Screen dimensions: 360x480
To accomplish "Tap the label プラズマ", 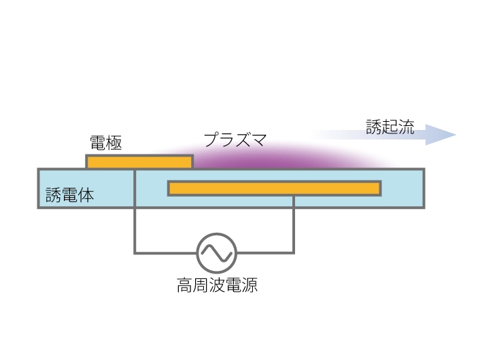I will (x=235, y=141).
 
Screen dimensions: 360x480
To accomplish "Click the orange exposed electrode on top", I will (x=139, y=162).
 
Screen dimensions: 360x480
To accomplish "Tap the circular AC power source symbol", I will (x=217, y=253).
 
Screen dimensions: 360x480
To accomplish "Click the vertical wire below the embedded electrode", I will (x=294, y=225).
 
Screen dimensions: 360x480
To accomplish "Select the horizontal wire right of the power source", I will (x=265, y=253).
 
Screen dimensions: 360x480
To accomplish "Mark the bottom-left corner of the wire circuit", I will (x=135, y=253).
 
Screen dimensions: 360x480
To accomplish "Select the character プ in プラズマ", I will (x=211, y=141).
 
